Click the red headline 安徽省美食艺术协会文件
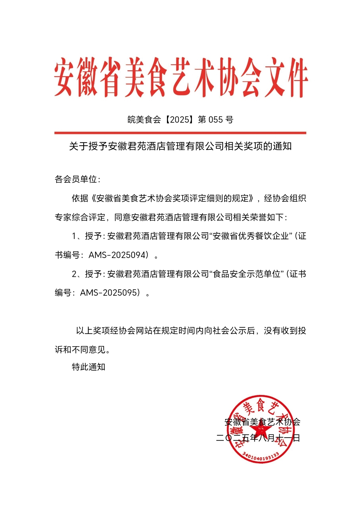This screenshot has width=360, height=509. click(180, 77)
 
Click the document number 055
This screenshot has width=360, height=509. click(215, 119)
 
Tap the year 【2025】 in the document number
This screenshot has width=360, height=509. click(180, 119)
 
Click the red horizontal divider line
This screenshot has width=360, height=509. click(180, 133)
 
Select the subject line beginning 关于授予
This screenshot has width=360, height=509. click(180, 146)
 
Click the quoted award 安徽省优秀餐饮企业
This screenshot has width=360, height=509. click(251, 236)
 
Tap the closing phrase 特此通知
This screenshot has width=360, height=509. click(88, 367)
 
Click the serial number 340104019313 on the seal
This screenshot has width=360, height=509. click(260, 456)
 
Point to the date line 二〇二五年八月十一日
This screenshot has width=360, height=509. click(258, 438)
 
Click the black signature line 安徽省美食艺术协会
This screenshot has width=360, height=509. click(262, 422)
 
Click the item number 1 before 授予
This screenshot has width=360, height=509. click(74, 236)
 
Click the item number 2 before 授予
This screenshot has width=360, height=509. click(74, 274)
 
